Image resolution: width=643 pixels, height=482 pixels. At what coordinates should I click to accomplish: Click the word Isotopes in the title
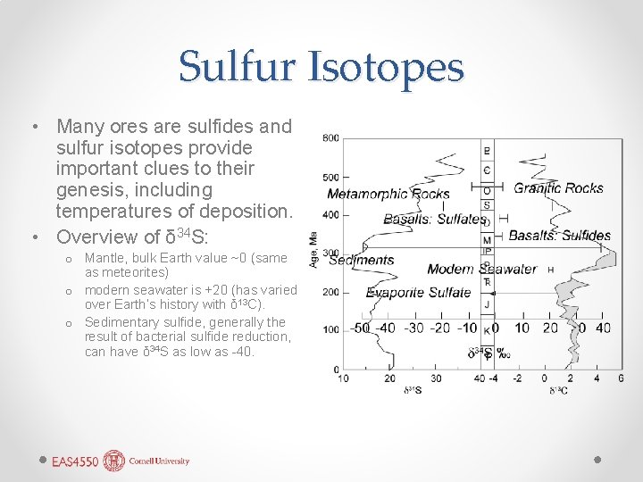point(387,67)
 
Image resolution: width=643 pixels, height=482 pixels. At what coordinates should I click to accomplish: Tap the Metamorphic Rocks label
point(388,194)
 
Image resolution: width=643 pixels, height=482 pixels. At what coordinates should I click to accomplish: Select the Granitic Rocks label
point(558,187)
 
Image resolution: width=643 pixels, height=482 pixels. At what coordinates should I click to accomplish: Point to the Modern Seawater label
point(481,269)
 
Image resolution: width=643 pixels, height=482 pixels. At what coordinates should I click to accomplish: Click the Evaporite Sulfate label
point(418,292)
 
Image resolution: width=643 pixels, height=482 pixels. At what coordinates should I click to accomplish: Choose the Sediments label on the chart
point(362,260)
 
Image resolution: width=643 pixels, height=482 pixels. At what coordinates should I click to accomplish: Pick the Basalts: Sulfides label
point(560,236)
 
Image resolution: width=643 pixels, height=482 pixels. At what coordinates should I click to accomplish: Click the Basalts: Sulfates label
point(434,219)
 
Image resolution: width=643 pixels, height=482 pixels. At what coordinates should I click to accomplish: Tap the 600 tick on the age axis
point(330,137)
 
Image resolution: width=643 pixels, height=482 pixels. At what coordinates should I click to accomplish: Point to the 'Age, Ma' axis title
point(313,250)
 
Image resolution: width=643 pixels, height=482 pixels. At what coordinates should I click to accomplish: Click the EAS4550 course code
point(75,461)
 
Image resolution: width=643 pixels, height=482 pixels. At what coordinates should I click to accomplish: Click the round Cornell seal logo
point(114,461)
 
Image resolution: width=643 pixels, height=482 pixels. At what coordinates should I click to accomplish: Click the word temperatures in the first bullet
point(112,212)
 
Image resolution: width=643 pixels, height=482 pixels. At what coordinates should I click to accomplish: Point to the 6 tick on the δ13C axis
point(620,378)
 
